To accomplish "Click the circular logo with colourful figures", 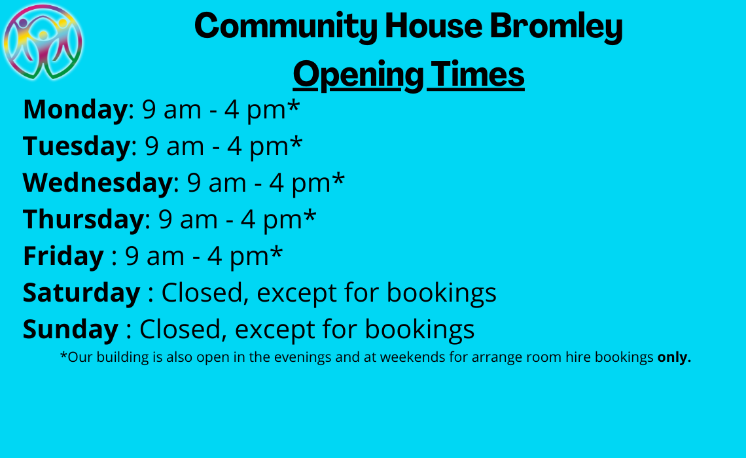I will (x=43, y=42).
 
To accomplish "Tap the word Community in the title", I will (x=285, y=26).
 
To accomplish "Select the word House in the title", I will (x=432, y=26).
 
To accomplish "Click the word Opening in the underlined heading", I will (x=356, y=75).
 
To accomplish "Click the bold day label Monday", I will (x=74, y=109).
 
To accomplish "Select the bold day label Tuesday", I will (x=76, y=146).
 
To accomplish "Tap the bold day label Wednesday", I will (x=97, y=183).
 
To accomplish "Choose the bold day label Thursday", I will (x=82, y=219).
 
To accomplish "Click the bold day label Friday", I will (x=63, y=256).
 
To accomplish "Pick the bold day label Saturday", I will (x=81, y=292).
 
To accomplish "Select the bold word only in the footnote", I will (x=674, y=357).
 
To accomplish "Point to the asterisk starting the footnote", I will (x=63, y=356).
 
